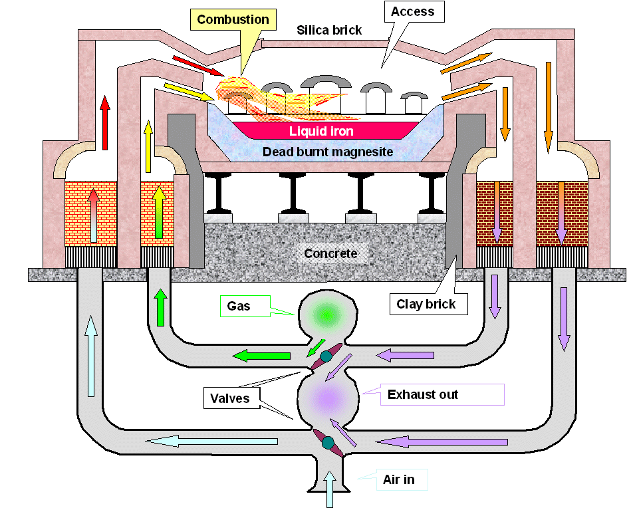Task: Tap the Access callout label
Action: (x=412, y=12)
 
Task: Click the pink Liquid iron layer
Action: (x=321, y=131)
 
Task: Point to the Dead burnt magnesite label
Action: (x=327, y=152)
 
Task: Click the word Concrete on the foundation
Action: (x=330, y=253)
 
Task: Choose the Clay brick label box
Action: (x=426, y=305)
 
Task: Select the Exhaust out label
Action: (x=422, y=394)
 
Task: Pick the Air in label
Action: (x=399, y=479)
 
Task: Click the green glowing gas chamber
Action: (x=326, y=314)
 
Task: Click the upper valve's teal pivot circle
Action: (x=326, y=356)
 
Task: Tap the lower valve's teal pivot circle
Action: (x=328, y=442)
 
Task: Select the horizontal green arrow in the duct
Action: (x=261, y=356)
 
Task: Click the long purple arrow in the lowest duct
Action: (x=443, y=442)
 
